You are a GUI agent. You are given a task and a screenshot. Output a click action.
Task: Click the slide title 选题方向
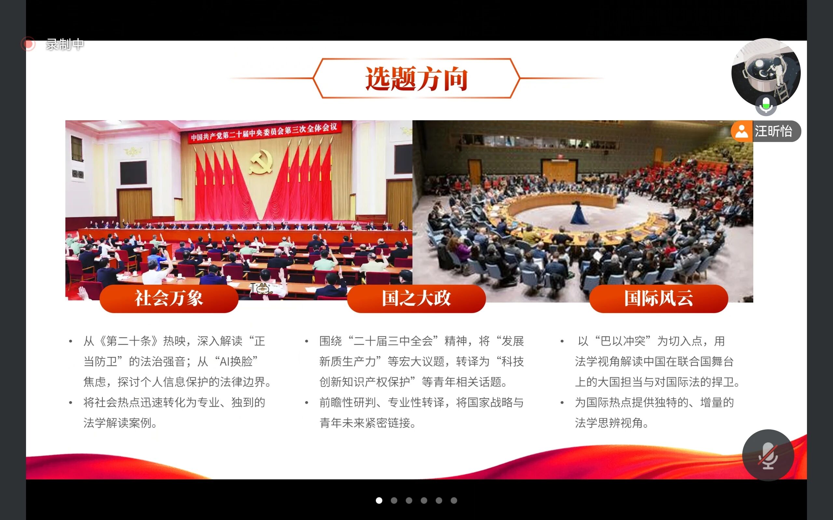point(416,79)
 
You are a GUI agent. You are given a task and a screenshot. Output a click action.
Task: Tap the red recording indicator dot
point(28,44)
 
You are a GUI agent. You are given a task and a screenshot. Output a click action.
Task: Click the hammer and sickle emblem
point(261,162)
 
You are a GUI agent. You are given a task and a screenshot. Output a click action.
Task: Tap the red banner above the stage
point(264,132)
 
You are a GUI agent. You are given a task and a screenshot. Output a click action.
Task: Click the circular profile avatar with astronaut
point(766,72)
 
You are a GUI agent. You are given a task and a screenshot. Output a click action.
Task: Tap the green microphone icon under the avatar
point(766,105)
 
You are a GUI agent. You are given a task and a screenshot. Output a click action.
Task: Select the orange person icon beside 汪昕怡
point(742,131)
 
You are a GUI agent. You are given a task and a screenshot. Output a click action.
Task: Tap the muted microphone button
point(768,455)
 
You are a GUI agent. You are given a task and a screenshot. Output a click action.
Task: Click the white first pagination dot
point(379,500)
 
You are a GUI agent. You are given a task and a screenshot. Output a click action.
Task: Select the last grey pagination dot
point(454,500)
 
